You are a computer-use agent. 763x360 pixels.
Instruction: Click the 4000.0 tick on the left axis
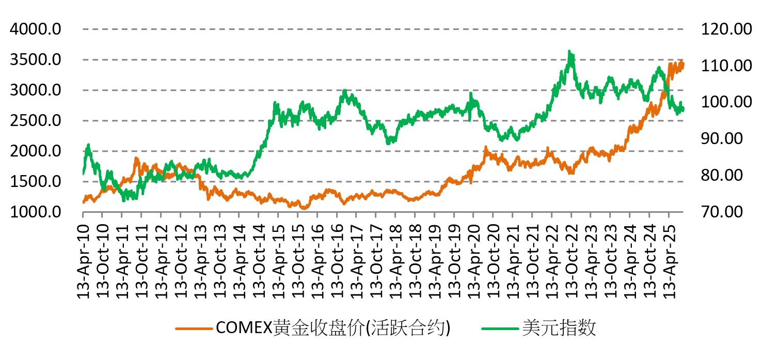[x=35, y=29]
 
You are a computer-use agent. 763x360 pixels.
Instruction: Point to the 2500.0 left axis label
[x=35, y=121]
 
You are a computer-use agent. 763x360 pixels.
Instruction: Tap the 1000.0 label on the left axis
[x=35, y=212]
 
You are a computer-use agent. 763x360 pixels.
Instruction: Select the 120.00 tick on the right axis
[x=726, y=29]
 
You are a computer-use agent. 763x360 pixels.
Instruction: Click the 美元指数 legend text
[x=559, y=328]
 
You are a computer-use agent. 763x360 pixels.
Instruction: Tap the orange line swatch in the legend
[x=194, y=328]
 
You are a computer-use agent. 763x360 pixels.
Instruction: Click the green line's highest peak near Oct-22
[x=569, y=51]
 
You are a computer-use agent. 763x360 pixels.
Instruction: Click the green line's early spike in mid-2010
[x=88, y=145]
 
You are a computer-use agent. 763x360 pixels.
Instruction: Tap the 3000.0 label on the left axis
[x=35, y=90]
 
